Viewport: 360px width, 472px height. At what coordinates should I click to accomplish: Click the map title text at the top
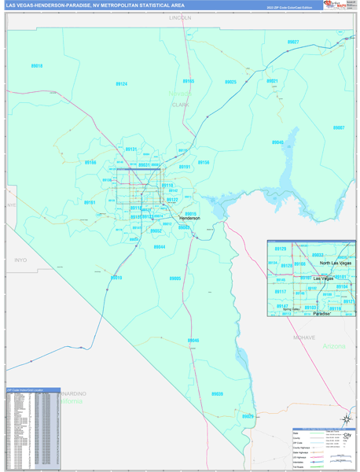click(94, 5)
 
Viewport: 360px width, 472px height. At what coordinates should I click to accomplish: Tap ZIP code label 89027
click(292, 42)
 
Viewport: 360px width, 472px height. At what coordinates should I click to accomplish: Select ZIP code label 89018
click(37, 66)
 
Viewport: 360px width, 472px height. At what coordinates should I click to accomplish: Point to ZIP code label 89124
click(122, 83)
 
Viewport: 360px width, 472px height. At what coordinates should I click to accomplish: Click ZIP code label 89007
click(338, 127)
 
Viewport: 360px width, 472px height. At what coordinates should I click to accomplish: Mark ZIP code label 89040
click(277, 142)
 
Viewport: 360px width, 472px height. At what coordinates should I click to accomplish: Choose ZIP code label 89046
click(193, 341)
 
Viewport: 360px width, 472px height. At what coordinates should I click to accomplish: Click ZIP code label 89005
click(175, 278)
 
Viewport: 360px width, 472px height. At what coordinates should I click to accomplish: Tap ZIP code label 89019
click(116, 278)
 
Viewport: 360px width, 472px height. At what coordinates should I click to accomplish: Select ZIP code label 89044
click(160, 247)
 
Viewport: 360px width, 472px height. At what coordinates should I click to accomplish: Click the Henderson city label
click(186, 218)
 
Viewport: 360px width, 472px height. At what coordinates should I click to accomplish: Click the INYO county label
click(20, 259)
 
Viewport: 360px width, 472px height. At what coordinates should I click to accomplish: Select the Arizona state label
click(334, 346)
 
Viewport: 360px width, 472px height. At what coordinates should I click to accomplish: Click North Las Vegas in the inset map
click(336, 264)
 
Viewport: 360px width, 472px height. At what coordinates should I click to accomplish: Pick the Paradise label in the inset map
click(322, 313)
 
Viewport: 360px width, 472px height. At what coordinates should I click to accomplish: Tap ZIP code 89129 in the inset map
click(281, 249)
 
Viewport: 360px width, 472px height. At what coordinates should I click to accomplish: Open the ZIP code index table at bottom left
click(32, 430)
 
